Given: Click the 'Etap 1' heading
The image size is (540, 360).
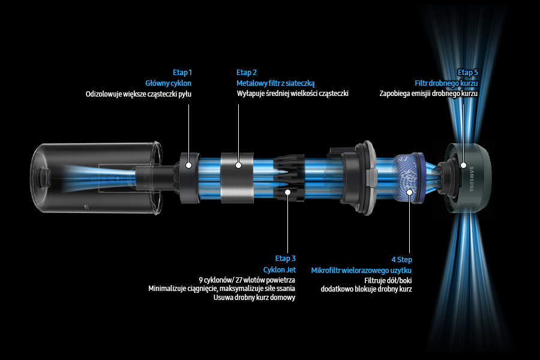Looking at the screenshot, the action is click(x=182, y=73).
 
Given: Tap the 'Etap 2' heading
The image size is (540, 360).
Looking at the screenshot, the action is click(x=247, y=73).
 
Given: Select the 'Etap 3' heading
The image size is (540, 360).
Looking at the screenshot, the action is click(x=286, y=259).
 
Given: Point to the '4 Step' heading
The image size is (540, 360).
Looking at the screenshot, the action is click(x=401, y=259).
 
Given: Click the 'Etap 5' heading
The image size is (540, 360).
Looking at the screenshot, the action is click(x=467, y=73).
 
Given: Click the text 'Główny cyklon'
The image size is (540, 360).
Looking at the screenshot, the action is click(x=169, y=83).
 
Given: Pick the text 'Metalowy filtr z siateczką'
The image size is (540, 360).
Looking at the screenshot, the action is click(x=275, y=83).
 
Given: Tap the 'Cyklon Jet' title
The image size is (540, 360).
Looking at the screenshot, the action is click(x=280, y=270).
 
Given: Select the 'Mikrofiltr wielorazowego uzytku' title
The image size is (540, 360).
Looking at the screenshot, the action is click(x=361, y=270).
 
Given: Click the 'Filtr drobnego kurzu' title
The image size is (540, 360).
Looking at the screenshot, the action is click(x=446, y=83).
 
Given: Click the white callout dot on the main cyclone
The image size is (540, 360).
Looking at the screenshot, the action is click(x=188, y=165).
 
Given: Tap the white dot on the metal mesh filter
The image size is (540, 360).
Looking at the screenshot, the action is click(x=238, y=165).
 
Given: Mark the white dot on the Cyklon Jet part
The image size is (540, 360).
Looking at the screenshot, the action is click(x=288, y=192).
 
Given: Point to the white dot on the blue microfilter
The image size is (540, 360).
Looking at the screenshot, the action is click(x=409, y=192).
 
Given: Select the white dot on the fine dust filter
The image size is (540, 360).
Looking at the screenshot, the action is click(x=463, y=166).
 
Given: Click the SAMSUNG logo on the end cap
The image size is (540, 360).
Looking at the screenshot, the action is click(x=472, y=179).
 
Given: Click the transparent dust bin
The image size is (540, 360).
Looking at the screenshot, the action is click(x=97, y=178).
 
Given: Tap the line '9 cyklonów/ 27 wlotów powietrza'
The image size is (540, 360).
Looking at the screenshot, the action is click(x=247, y=280).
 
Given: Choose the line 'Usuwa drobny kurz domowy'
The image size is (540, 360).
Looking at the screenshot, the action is click(x=254, y=298).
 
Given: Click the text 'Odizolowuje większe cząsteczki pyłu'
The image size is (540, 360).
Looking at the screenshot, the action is click(x=139, y=94).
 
